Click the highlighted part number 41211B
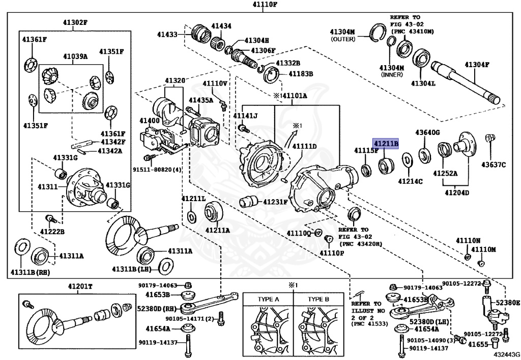pos(386,143)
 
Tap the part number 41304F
pos(476,65)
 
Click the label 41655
pos(478,345)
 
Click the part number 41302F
pos(71,22)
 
